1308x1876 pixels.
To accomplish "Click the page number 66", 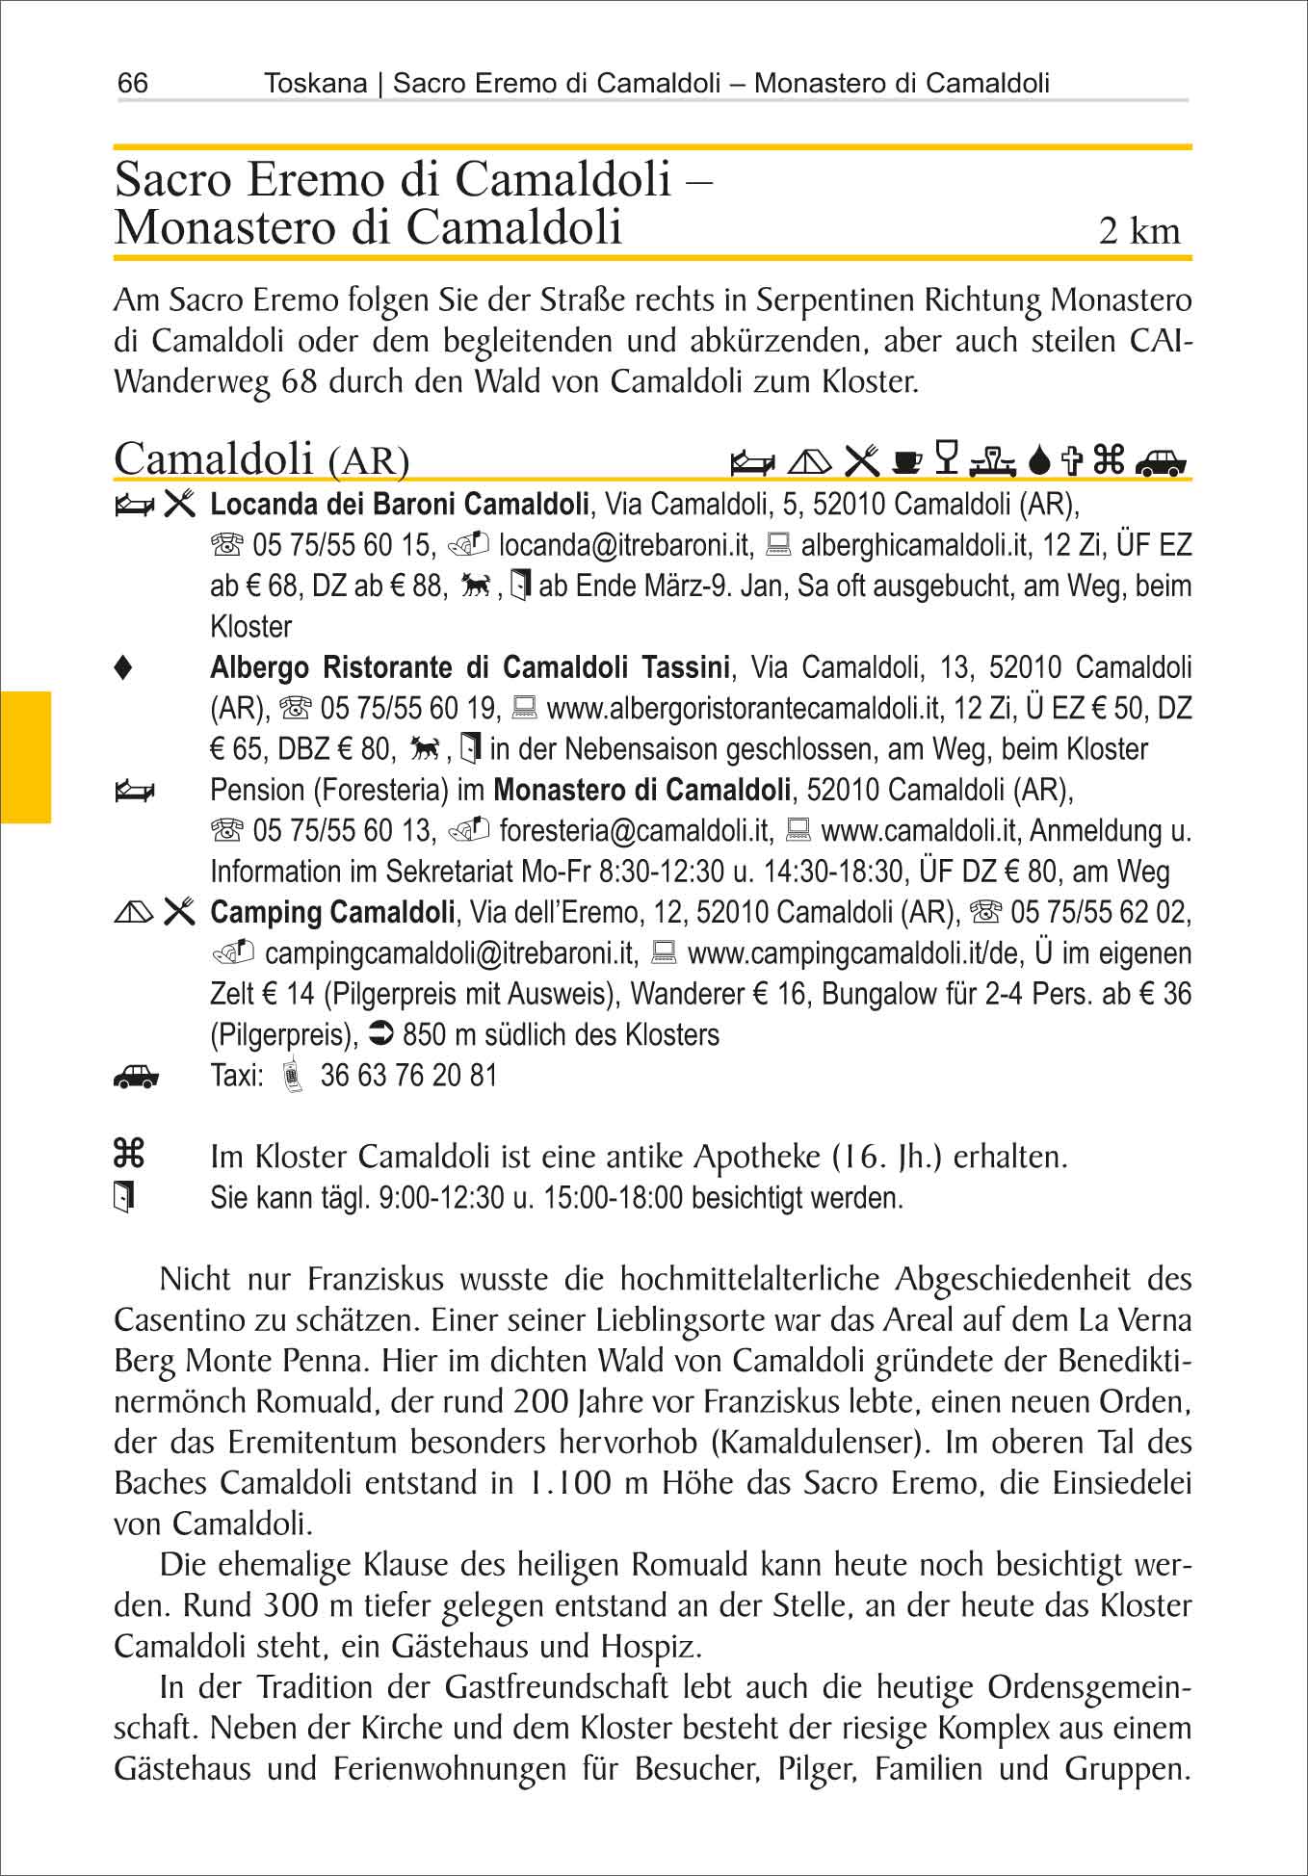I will pos(133,84).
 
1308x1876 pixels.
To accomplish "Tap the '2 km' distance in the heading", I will pos(1139,231).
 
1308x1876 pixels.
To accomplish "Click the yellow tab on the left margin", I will pos(25,757).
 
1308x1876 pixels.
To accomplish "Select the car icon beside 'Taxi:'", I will pos(136,1077).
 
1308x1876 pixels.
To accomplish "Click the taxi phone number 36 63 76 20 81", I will pos(408,1076).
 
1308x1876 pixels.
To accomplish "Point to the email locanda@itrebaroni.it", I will pos(624,546).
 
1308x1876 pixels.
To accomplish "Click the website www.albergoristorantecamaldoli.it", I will pos(743,709).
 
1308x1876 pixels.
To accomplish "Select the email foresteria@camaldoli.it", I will pos(636,830).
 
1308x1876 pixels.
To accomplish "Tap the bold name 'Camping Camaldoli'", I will pos(332,911).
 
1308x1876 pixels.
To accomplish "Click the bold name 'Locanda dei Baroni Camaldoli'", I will pos(400,504).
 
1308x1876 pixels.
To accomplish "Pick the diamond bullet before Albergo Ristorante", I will pos(122,668).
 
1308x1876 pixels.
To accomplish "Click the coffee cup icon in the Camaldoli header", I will pos(906,461).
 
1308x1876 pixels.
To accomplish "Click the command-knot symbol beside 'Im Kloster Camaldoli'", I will pos(128,1153).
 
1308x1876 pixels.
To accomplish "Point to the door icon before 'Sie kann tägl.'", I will pos(123,1197).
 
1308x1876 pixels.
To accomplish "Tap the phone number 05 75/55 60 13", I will pos(344,830).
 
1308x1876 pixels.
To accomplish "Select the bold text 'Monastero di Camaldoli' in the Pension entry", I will pos(642,791).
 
